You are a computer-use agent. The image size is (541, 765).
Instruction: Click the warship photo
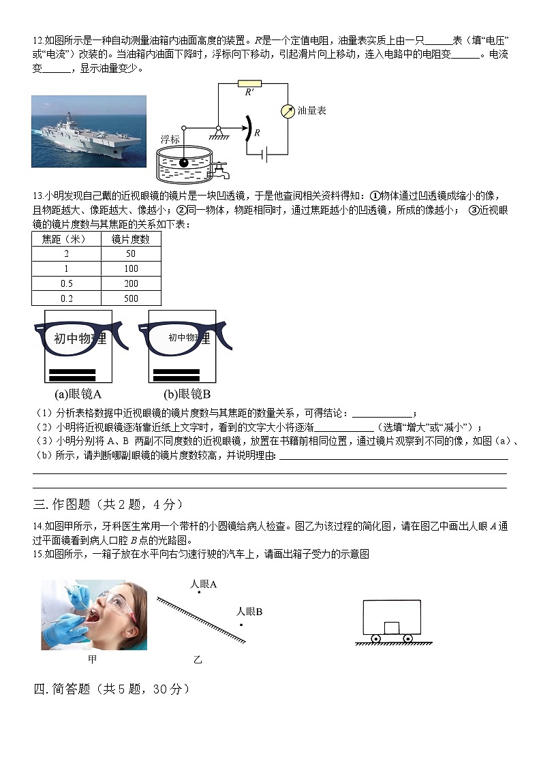coord(89,131)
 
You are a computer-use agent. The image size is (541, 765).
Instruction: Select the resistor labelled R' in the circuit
coord(249,84)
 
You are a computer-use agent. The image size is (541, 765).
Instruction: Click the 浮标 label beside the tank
coord(170,139)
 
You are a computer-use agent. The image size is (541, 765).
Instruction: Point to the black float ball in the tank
coord(183,163)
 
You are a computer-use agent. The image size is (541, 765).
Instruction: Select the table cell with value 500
coord(131,298)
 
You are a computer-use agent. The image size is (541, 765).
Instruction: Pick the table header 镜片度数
coord(131,239)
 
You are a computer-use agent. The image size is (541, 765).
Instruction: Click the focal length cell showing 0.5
coord(66,283)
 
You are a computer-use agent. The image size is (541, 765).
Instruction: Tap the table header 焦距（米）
coord(66,239)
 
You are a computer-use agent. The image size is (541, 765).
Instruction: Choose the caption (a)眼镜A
coord(78,394)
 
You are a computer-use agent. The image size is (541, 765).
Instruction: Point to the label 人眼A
coord(203,584)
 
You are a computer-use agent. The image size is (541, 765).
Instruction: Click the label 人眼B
coord(249,612)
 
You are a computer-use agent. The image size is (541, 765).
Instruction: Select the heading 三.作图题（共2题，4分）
coord(108,504)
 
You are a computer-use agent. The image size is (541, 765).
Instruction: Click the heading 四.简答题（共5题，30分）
coord(111,689)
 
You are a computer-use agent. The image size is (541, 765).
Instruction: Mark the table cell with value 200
coord(131,283)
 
